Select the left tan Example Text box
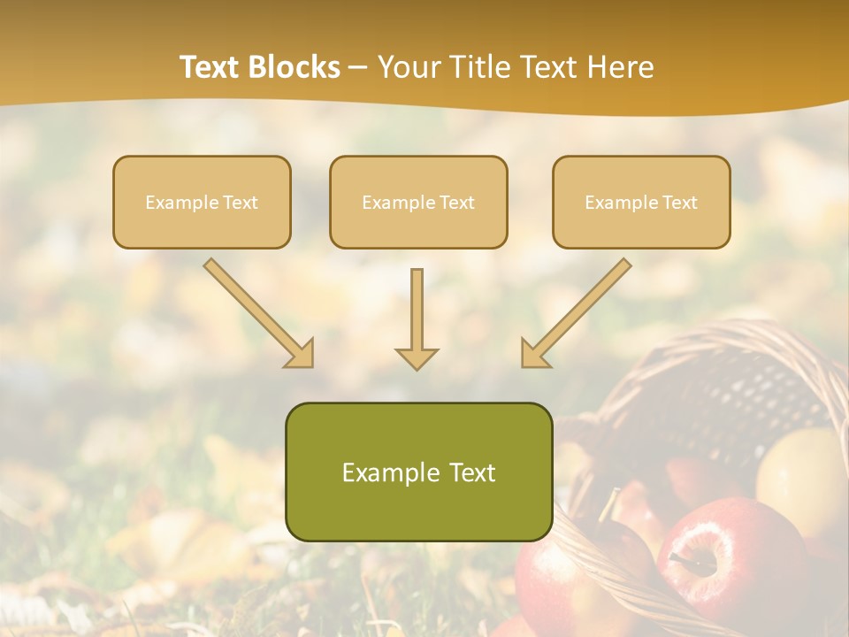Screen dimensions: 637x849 202,202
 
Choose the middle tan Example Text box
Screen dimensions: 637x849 418,202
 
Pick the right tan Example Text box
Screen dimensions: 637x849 641,202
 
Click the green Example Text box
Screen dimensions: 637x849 418,472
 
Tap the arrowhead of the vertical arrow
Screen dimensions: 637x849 417,357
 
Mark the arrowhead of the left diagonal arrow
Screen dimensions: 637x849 301,355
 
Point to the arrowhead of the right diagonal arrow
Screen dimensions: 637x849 534,354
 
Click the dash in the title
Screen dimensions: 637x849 358,67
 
